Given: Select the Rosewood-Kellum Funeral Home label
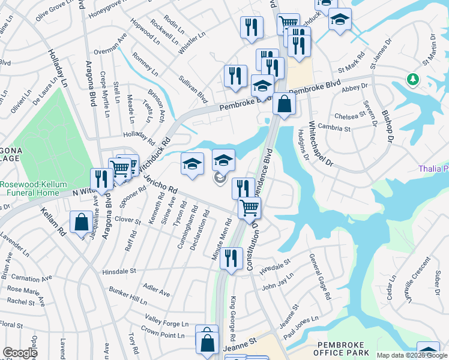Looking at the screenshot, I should point(30,188).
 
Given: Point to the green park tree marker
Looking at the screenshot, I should point(412,79).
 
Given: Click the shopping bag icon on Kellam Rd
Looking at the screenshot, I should point(81,223).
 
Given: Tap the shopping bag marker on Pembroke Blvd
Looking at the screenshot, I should point(284,104).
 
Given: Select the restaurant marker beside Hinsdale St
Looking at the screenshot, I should point(231,258).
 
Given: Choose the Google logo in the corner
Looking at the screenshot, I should point(20,353).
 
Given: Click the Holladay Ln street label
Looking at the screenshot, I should point(58,67).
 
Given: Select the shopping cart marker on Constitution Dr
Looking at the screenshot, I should point(249,208).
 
